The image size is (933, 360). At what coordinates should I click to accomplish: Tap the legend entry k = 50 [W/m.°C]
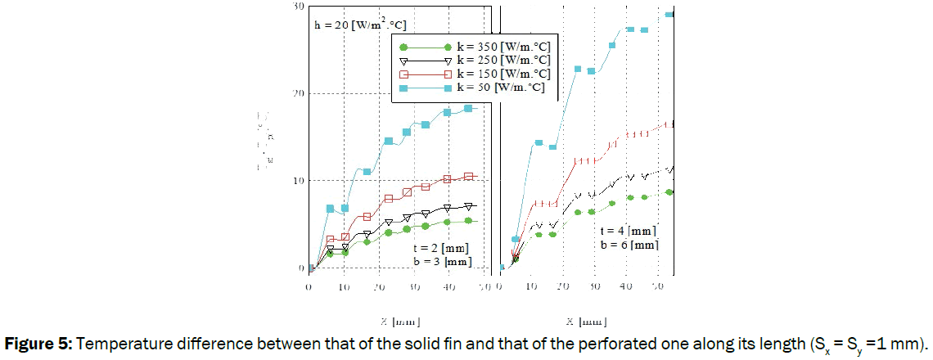501,86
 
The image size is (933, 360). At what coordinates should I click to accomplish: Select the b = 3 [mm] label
443,262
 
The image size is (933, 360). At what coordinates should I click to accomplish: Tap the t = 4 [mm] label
629,230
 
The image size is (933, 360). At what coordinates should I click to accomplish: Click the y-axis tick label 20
299,93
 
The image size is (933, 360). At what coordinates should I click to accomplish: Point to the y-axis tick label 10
299,180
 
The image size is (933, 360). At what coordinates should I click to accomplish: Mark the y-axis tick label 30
299,7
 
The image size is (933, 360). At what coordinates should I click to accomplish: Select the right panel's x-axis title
586,321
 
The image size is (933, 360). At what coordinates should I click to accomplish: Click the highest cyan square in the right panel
669,15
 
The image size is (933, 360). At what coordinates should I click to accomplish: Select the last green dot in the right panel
669,191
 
